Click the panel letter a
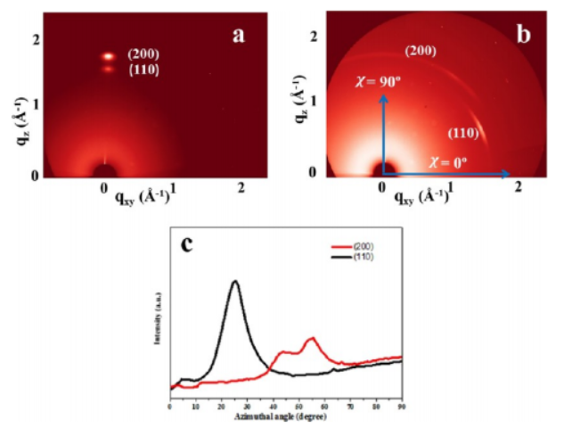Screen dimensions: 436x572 [238, 35]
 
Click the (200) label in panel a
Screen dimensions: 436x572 [143, 54]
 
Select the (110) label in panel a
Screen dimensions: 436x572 [143, 70]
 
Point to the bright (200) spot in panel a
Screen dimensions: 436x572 [108, 56]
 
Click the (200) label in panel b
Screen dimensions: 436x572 [421, 52]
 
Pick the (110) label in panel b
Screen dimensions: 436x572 [464, 135]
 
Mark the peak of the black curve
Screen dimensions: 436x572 [235, 282]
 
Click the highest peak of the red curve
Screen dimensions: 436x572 [311, 339]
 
